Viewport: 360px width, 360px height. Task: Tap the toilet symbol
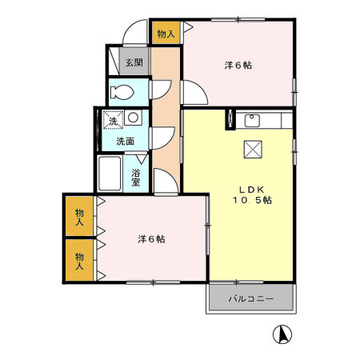(122, 90)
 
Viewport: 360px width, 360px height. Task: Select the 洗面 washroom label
(126, 141)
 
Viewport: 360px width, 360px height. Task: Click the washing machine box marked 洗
(112, 120)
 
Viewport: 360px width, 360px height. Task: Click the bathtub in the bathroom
(109, 173)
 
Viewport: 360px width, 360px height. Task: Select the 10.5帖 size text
(251, 201)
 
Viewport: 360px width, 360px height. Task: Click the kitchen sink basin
(252, 122)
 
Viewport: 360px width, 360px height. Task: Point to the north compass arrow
(282, 334)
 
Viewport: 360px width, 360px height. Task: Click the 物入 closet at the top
(165, 34)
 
